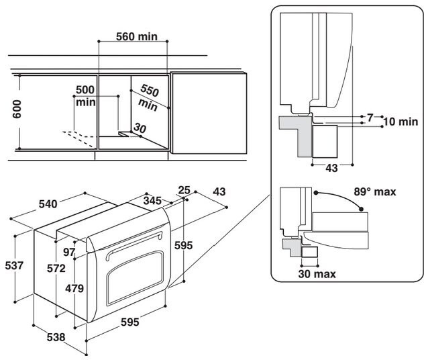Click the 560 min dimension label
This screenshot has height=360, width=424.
click(x=137, y=36)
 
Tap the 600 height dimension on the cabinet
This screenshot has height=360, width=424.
click(x=17, y=109)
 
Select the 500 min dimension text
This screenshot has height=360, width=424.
click(x=85, y=96)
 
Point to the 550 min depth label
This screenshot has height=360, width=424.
click(x=148, y=97)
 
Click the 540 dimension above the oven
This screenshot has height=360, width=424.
click(x=48, y=204)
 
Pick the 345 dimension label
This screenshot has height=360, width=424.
click(x=152, y=201)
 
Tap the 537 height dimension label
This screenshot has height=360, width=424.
click(x=14, y=265)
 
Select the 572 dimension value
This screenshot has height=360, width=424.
click(x=56, y=268)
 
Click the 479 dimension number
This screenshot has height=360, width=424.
click(x=74, y=289)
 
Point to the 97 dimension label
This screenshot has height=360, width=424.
click(x=69, y=252)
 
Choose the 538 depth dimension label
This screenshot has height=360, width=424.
click(x=56, y=337)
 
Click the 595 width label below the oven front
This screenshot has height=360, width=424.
click(x=129, y=322)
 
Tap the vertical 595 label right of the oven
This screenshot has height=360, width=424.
click(x=184, y=245)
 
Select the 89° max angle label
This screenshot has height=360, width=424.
click(x=375, y=192)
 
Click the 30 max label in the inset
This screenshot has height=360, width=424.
click(x=317, y=274)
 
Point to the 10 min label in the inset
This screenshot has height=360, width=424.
click(x=401, y=122)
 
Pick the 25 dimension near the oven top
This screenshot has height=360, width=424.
click(x=184, y=190)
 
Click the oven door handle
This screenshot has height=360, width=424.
click(x=134, y=244)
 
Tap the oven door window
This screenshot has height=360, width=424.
click(x=135, y=278)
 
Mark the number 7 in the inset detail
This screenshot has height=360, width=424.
click(x=370, y=118)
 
